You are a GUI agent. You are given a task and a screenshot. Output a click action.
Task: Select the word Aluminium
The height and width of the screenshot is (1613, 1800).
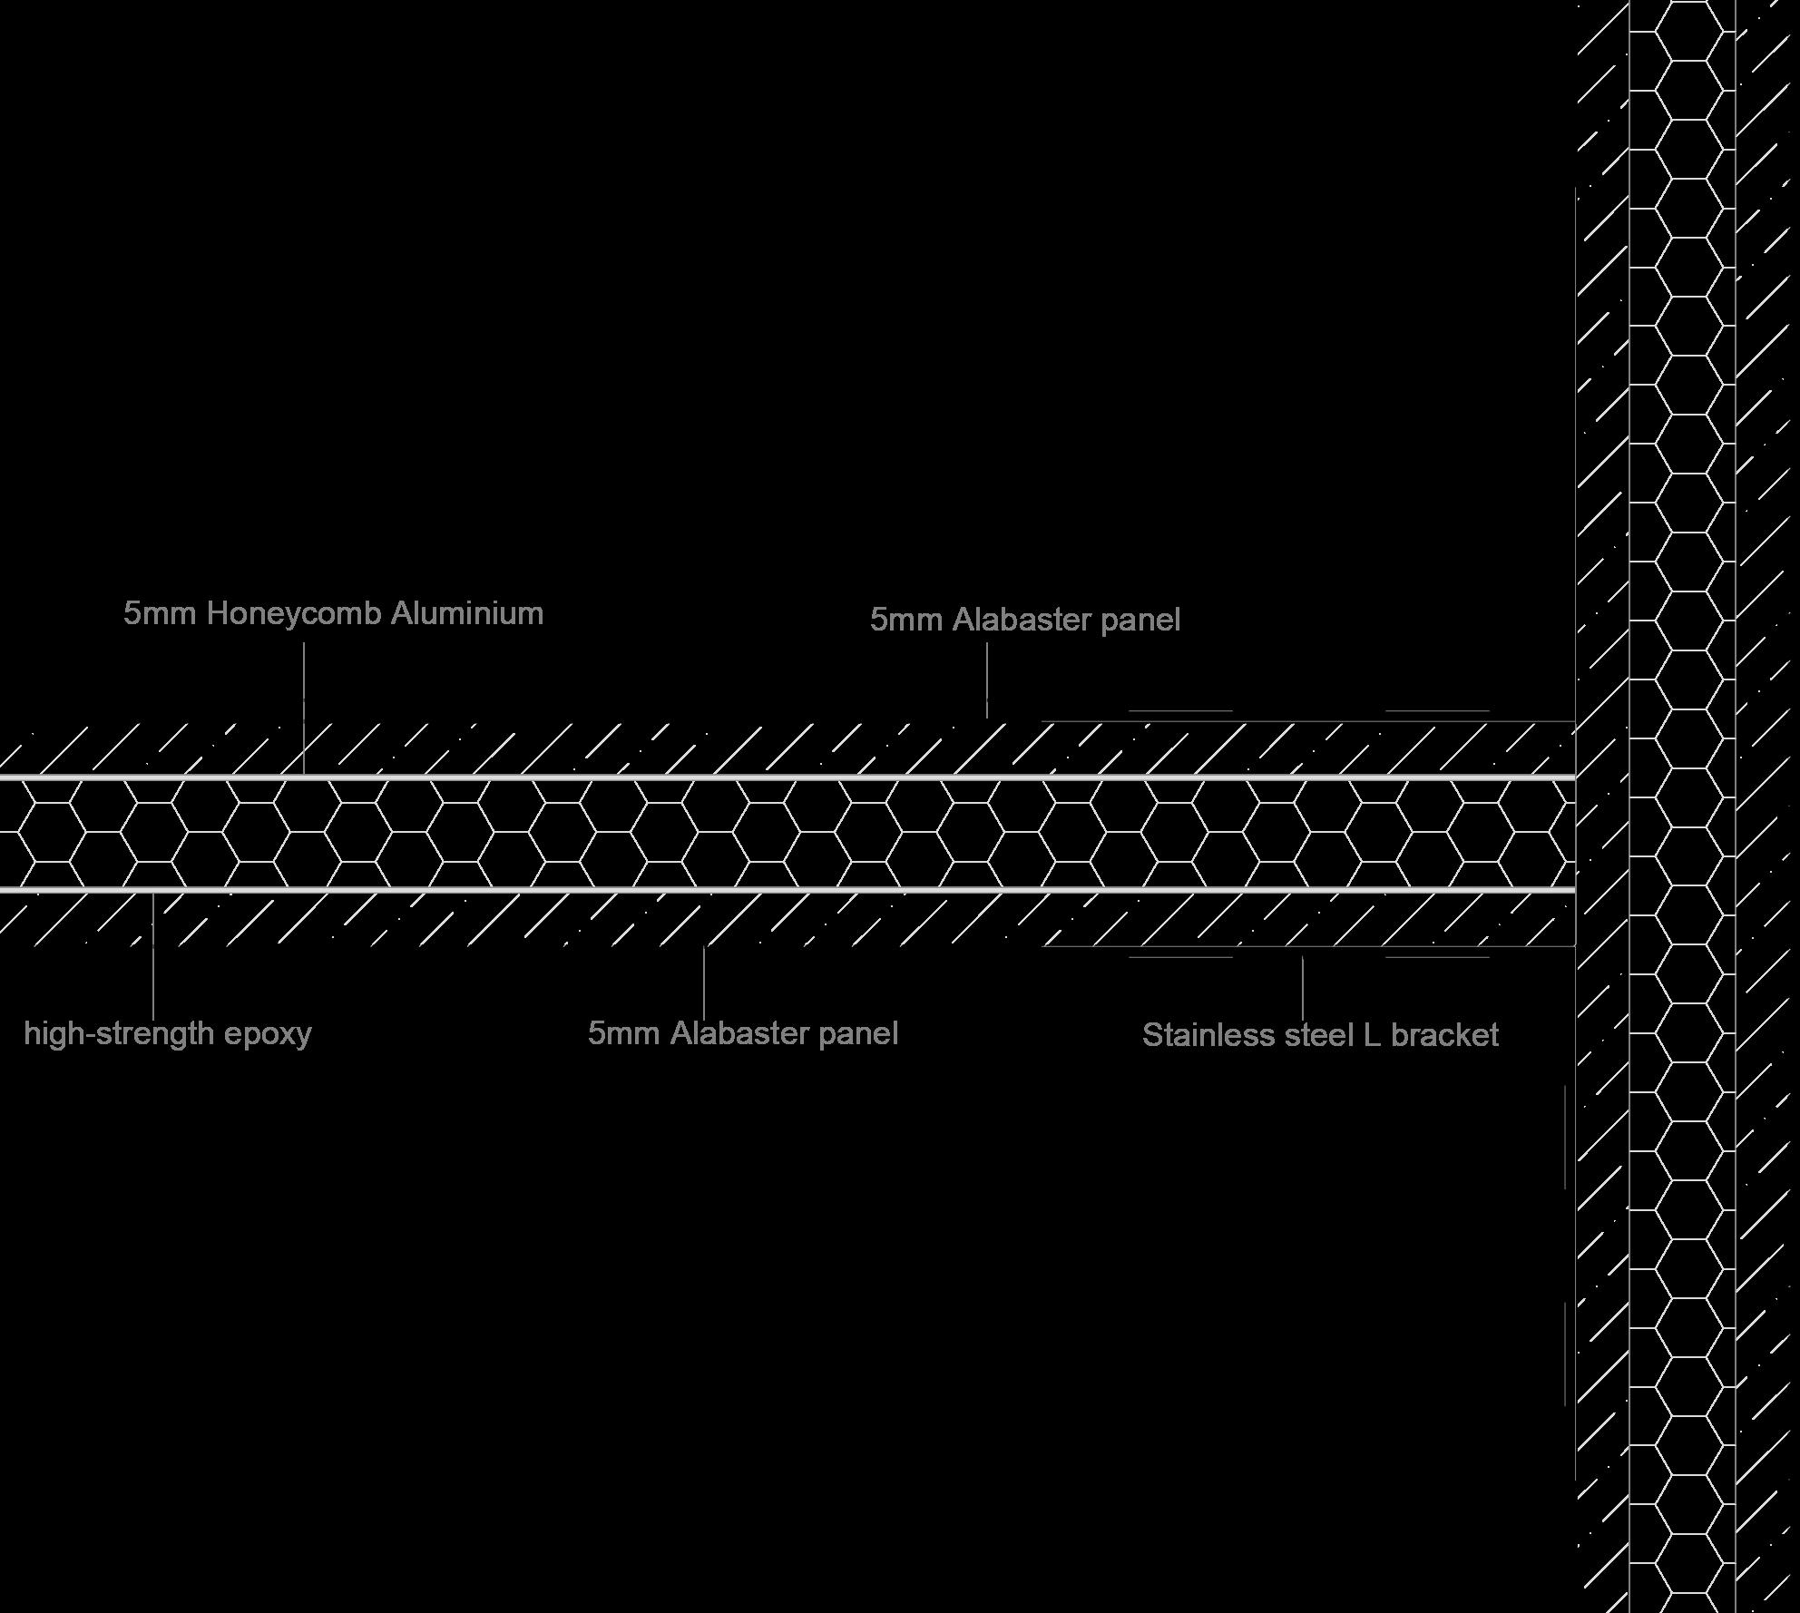point(467,614)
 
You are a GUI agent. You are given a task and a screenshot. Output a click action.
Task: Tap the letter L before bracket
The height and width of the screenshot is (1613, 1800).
point(1372,1035)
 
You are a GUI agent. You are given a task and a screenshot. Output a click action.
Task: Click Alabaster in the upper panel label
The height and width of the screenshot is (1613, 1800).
point(1022,621)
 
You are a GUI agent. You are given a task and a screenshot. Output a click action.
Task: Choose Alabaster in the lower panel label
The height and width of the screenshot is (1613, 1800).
point(739,1033)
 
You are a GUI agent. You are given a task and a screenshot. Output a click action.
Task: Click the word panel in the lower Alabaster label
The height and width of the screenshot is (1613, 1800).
point(858,1033)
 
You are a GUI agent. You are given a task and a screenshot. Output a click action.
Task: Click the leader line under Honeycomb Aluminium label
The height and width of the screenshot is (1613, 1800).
point(304,708)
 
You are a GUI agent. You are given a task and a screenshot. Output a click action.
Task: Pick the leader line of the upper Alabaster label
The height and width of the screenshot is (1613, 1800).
point(987,680)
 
